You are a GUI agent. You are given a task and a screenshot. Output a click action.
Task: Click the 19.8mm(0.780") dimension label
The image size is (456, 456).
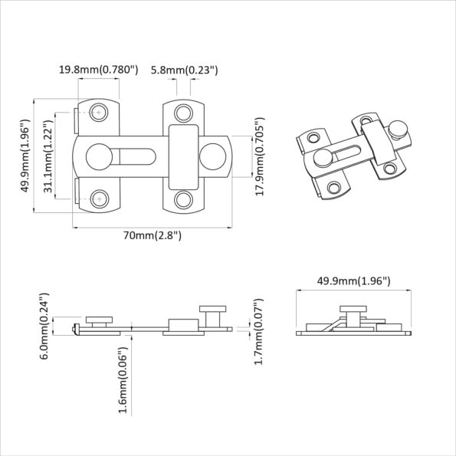point(98,70)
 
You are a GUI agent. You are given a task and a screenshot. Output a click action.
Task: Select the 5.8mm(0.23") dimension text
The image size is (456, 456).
point(185,70)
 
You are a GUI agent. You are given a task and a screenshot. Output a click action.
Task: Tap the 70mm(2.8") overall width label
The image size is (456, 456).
point(153,236)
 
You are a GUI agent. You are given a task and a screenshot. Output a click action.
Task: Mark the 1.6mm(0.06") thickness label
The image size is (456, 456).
point(123,381)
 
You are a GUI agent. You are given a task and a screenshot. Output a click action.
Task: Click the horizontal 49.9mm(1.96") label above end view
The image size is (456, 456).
point(354,281)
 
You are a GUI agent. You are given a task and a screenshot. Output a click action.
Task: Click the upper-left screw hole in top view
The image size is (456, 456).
point(98,113)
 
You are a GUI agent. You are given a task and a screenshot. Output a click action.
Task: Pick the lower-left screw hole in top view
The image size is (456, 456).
point(98,198)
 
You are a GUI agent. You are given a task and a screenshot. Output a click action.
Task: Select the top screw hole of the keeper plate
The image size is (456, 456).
point(183,114)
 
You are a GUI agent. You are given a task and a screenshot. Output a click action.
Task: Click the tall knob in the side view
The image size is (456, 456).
point(213,314)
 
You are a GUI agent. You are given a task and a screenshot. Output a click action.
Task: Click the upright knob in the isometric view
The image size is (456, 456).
point(397,126)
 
